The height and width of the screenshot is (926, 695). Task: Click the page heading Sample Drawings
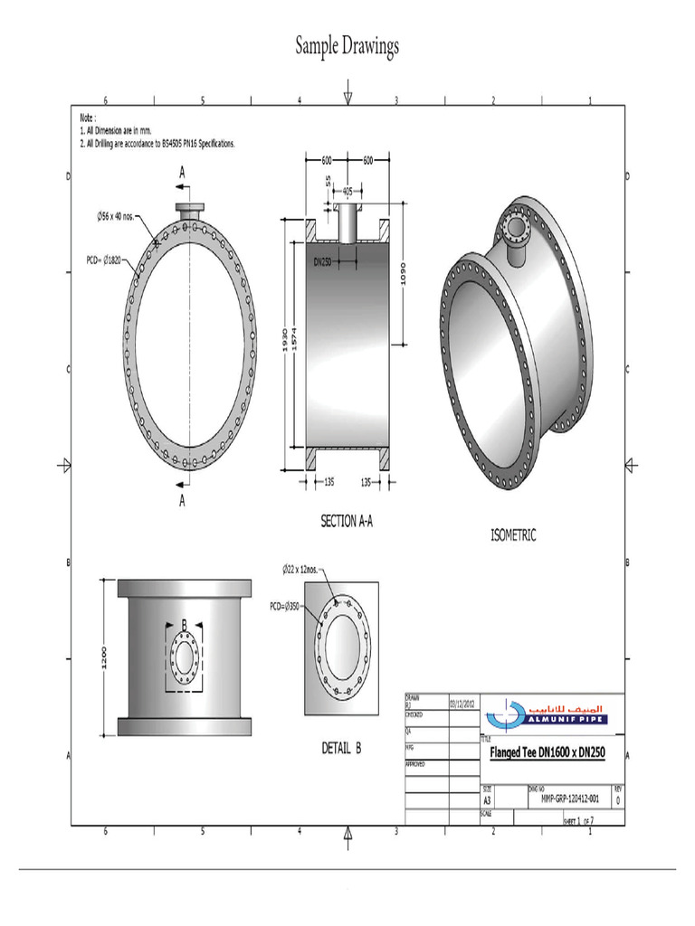(x=347, y=47)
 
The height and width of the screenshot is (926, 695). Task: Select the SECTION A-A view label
(x=347, y=521)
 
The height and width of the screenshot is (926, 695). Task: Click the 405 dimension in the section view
(x=348, y=191)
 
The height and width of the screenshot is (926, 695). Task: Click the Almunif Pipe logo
(x=547, y=713)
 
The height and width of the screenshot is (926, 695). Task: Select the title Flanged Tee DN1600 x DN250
(x=547, y=751)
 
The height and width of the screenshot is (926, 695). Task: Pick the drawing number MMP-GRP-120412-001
(x=570, y=799)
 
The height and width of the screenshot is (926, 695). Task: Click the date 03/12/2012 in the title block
(x=463, y=701)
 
